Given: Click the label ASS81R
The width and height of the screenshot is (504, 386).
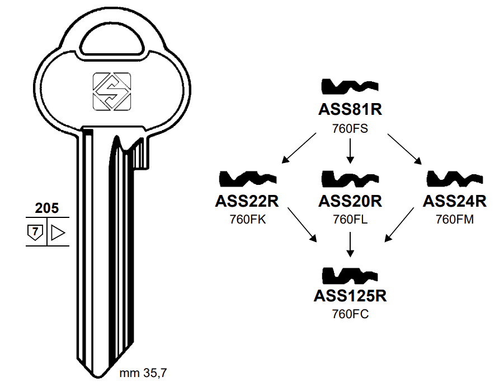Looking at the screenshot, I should tap(350, 109).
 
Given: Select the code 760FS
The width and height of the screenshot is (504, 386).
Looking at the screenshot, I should tap(350, 128).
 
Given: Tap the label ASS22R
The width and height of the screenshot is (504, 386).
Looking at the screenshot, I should tap(247, 201).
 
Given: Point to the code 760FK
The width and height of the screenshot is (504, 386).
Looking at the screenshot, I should tap(247, 219).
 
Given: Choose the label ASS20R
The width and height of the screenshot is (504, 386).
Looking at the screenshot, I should tap(350, 201).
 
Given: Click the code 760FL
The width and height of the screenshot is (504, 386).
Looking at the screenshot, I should tap(350, 219).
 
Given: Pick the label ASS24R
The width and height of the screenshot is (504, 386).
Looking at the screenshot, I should tap(454, 201).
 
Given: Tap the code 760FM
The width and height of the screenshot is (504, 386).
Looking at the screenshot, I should tap(454, 219).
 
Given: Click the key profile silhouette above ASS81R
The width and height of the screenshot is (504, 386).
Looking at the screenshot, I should tap(350, 87).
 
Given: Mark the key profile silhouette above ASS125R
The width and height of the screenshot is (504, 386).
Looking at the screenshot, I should tap(350, 275).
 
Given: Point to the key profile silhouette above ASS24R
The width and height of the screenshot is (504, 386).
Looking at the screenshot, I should tap(454, 179).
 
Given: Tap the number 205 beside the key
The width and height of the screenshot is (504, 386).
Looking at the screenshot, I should tap(46, 208).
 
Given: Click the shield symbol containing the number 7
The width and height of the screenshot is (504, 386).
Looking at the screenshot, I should tap(35, 231).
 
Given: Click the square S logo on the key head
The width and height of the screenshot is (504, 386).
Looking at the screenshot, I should tap(111, 91).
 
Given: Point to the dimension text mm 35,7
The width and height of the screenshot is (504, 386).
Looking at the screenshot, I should tap(143, 373).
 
